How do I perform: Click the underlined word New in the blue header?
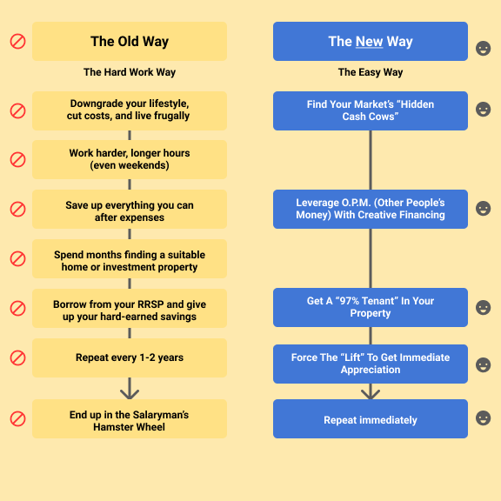point(369,42)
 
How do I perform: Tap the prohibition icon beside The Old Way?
point(18,42)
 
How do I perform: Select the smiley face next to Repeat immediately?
point(483,417)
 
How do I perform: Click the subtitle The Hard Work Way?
point(130,72)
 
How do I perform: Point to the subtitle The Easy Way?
point(371,72)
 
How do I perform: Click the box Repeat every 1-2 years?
point(130,357)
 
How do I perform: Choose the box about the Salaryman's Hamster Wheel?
point(130,418)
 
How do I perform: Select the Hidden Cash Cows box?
point(371,110)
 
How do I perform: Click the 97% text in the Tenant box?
point(351,301)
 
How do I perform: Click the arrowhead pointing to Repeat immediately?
point(371,394)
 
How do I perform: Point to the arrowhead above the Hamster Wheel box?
point(130,394)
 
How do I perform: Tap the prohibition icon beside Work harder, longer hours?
point(18,159)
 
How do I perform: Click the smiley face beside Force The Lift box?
point(483,364)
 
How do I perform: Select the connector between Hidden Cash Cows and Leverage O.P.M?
point(371,160)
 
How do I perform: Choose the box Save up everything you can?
point(130,210)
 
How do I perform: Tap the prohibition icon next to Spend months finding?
point(18,259)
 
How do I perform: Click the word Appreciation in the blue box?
point(371,370)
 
